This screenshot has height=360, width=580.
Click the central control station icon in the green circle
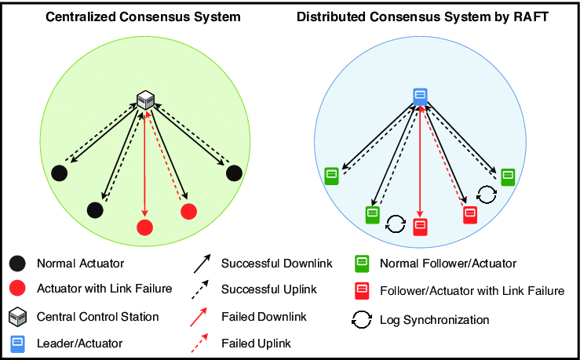[145, 100]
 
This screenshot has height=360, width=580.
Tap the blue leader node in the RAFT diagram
[420, 96]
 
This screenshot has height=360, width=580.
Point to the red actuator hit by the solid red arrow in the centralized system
[144, 227]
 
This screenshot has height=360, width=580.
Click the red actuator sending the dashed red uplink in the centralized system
[188, 211]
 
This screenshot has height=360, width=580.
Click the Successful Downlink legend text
[277, 263]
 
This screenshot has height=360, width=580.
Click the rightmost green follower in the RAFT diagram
[508, 176]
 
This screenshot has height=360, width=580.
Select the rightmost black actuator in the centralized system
[233, 173]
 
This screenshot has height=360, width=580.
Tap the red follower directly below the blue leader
[420, 227]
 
